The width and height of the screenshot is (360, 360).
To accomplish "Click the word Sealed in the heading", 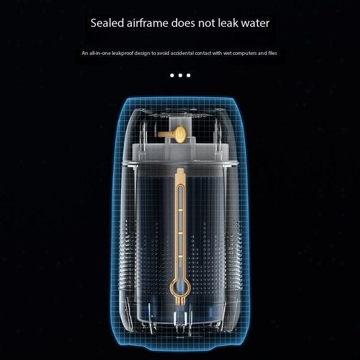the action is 107,24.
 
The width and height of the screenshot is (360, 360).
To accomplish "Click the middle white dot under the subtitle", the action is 180,75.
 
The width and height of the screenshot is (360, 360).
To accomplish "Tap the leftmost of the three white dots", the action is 172,75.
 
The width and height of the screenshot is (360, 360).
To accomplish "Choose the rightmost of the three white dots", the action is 188,75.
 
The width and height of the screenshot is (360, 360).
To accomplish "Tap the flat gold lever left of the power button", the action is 165,133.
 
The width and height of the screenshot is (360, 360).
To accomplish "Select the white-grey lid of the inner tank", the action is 180,156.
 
